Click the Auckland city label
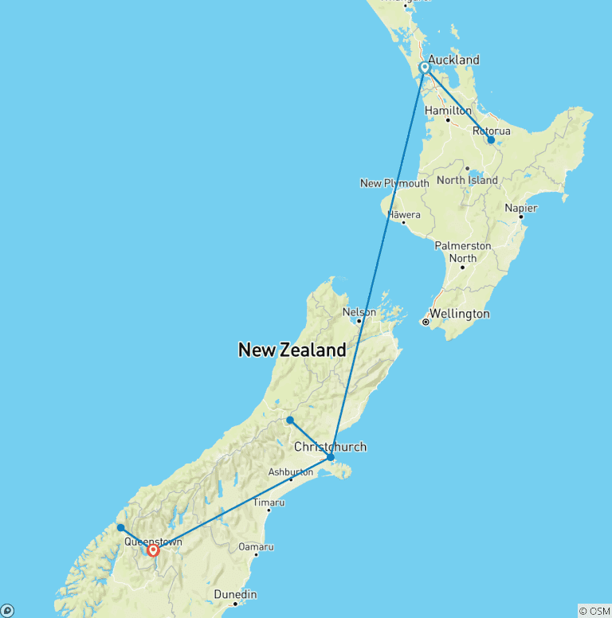coord(453,60)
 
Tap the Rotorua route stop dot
coord(491,140)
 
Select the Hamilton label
coord(448,111)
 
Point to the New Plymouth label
coord(394,183)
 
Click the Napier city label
coord(521,208)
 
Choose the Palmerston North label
coord(462,252)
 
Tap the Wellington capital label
coord(460,314)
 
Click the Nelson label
coord(359,311)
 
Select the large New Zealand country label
coord(292,350)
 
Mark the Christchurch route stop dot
coord(331,457)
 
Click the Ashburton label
coord(290,472)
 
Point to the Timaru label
coord(269,503)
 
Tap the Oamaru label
coord(256,547)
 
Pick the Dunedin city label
coord(235,594)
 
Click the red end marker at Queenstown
coord(153,550)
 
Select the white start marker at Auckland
coord(425,68)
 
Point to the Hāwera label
coord(404,215)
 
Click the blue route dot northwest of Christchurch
coord(290,420)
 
